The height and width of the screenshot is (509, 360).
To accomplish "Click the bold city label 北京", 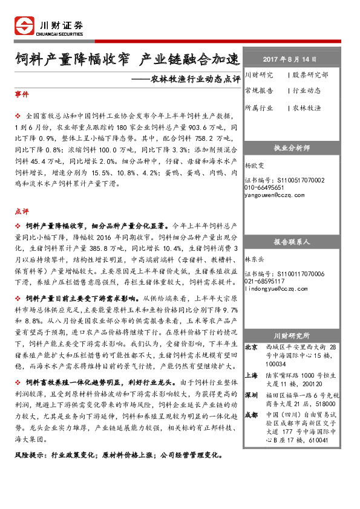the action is click(250, 348).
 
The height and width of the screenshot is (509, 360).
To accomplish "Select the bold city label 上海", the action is click(250, 375).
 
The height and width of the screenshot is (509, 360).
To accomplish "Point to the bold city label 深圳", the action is click(250, 395).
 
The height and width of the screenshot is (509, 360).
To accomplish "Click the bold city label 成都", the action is click(250, 415).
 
